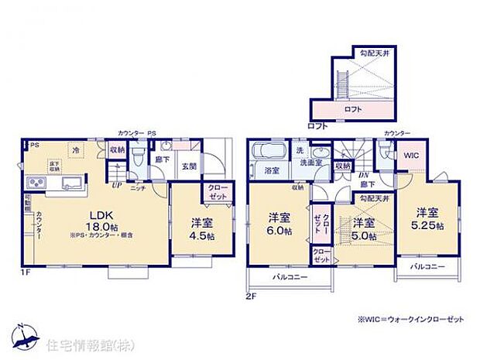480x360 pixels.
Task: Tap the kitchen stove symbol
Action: [x=37, y=183]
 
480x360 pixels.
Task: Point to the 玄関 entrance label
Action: [x=188, y=166]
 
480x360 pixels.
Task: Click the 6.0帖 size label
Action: [x=279, y=231]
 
